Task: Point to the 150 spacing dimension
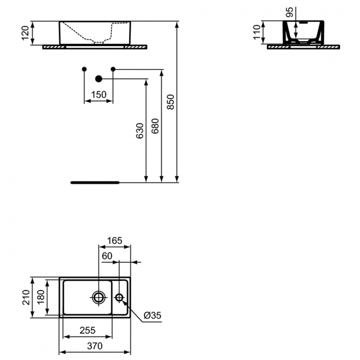[x=98, y=95]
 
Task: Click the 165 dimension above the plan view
[x=115, y=240]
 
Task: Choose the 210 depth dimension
[x=25, y=297]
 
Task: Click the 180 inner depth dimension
[x=41, y=297]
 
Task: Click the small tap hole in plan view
[x=120, y=298]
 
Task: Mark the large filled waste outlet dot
[x=99, y=78]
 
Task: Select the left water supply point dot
[x=84, y=69]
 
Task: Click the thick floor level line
[x=95, y=183]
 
